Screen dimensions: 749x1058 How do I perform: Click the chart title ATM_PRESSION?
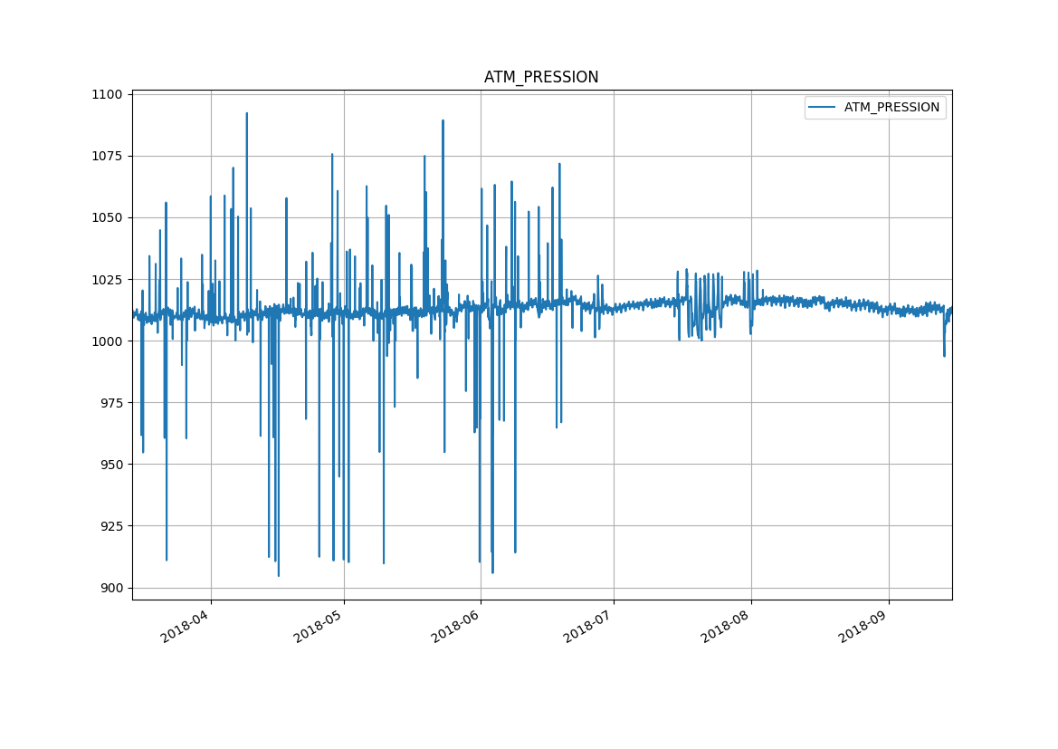coord(541,78)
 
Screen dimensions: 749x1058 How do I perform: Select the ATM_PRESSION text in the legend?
coord(891,108)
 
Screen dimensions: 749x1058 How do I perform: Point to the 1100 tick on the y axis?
coord(109,94)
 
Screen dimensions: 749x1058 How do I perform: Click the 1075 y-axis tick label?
coord(109,156)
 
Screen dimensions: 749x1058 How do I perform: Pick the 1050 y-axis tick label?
coord(109,217)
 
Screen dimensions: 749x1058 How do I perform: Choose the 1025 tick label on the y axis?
coord(109,279)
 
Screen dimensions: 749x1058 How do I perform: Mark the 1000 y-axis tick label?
coord(109,341)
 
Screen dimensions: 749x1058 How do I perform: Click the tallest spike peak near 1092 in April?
coord(246,114)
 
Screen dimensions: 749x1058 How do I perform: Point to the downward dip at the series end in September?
coord(944,354)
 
